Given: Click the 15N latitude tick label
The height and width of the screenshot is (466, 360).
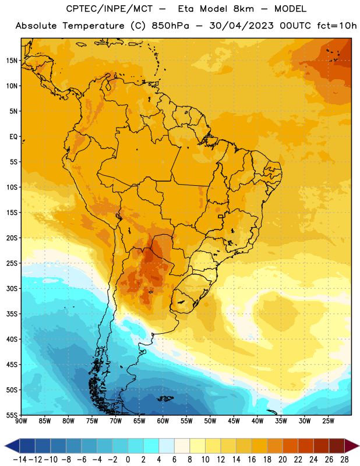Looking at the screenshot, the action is point(12,61).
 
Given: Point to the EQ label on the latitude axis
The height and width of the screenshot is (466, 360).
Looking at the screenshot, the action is point(13,137).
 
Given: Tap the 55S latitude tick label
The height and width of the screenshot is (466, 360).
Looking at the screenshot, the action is point(12,415).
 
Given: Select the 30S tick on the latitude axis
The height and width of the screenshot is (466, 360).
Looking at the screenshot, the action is point(12,288).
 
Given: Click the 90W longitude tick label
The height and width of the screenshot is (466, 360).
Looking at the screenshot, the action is point(21,421).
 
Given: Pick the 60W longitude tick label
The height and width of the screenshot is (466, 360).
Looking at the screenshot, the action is point(163,421).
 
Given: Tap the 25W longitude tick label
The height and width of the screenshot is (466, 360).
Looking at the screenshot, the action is point(328,421).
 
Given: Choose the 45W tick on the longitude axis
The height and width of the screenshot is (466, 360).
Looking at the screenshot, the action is point(234,421).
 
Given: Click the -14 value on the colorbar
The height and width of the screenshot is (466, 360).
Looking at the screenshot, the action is point(20,460).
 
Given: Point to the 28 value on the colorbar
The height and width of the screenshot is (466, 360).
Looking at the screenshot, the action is point(344,460).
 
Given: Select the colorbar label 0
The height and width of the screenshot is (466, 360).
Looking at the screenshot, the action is point(128,460).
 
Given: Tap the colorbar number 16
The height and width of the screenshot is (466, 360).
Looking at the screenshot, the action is point(252,460).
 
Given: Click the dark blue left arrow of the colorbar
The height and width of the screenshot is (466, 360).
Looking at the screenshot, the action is point(12,446).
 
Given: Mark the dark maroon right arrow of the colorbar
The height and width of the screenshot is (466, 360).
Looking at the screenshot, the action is point(352,446).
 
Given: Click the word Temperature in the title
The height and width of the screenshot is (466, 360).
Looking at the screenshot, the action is point(93,26).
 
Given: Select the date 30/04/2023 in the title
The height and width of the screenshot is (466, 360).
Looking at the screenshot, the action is point(241,26).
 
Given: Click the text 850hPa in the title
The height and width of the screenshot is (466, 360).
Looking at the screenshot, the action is point(170,26).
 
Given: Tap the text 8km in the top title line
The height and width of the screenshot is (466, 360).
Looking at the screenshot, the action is point(243,9).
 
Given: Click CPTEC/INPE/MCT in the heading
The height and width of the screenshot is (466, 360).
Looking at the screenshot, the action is point(109,9).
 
